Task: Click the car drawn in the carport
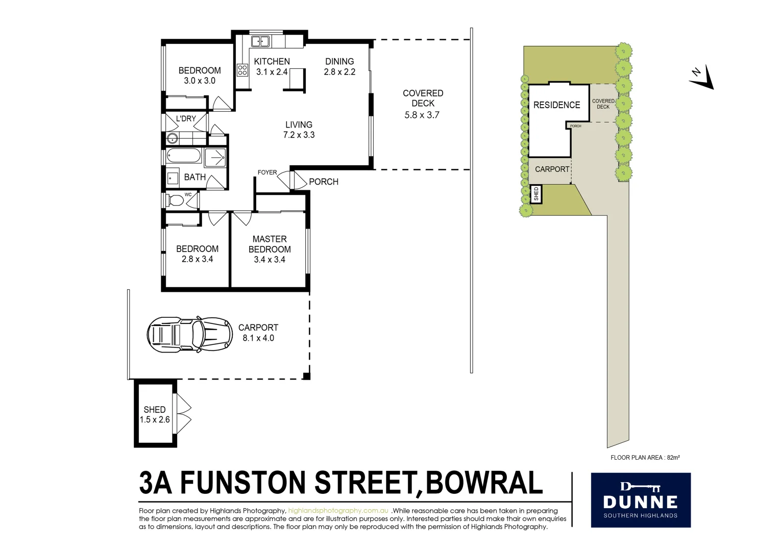pos(189,334)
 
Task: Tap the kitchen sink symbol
pos(260,41)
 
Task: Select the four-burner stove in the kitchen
pos(242,69)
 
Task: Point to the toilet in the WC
pos(175,200)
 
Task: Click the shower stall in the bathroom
pos(215,158)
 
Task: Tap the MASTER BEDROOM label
pos(270,244)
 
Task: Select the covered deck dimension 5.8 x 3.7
pos(422,115)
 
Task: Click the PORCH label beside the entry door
pos(324,182)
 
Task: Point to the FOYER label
pos(267,172)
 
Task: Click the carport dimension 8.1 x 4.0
pos(258,338)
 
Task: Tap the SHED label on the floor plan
pos(154,410)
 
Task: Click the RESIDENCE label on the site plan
pos(556,105)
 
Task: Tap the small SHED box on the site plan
pos(536,194)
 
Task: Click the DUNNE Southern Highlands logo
pos(640,500)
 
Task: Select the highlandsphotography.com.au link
pos(338,511)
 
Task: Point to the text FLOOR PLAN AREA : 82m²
pos(645,458)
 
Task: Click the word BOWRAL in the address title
pos(483,483)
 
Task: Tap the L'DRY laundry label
pos(186,118)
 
